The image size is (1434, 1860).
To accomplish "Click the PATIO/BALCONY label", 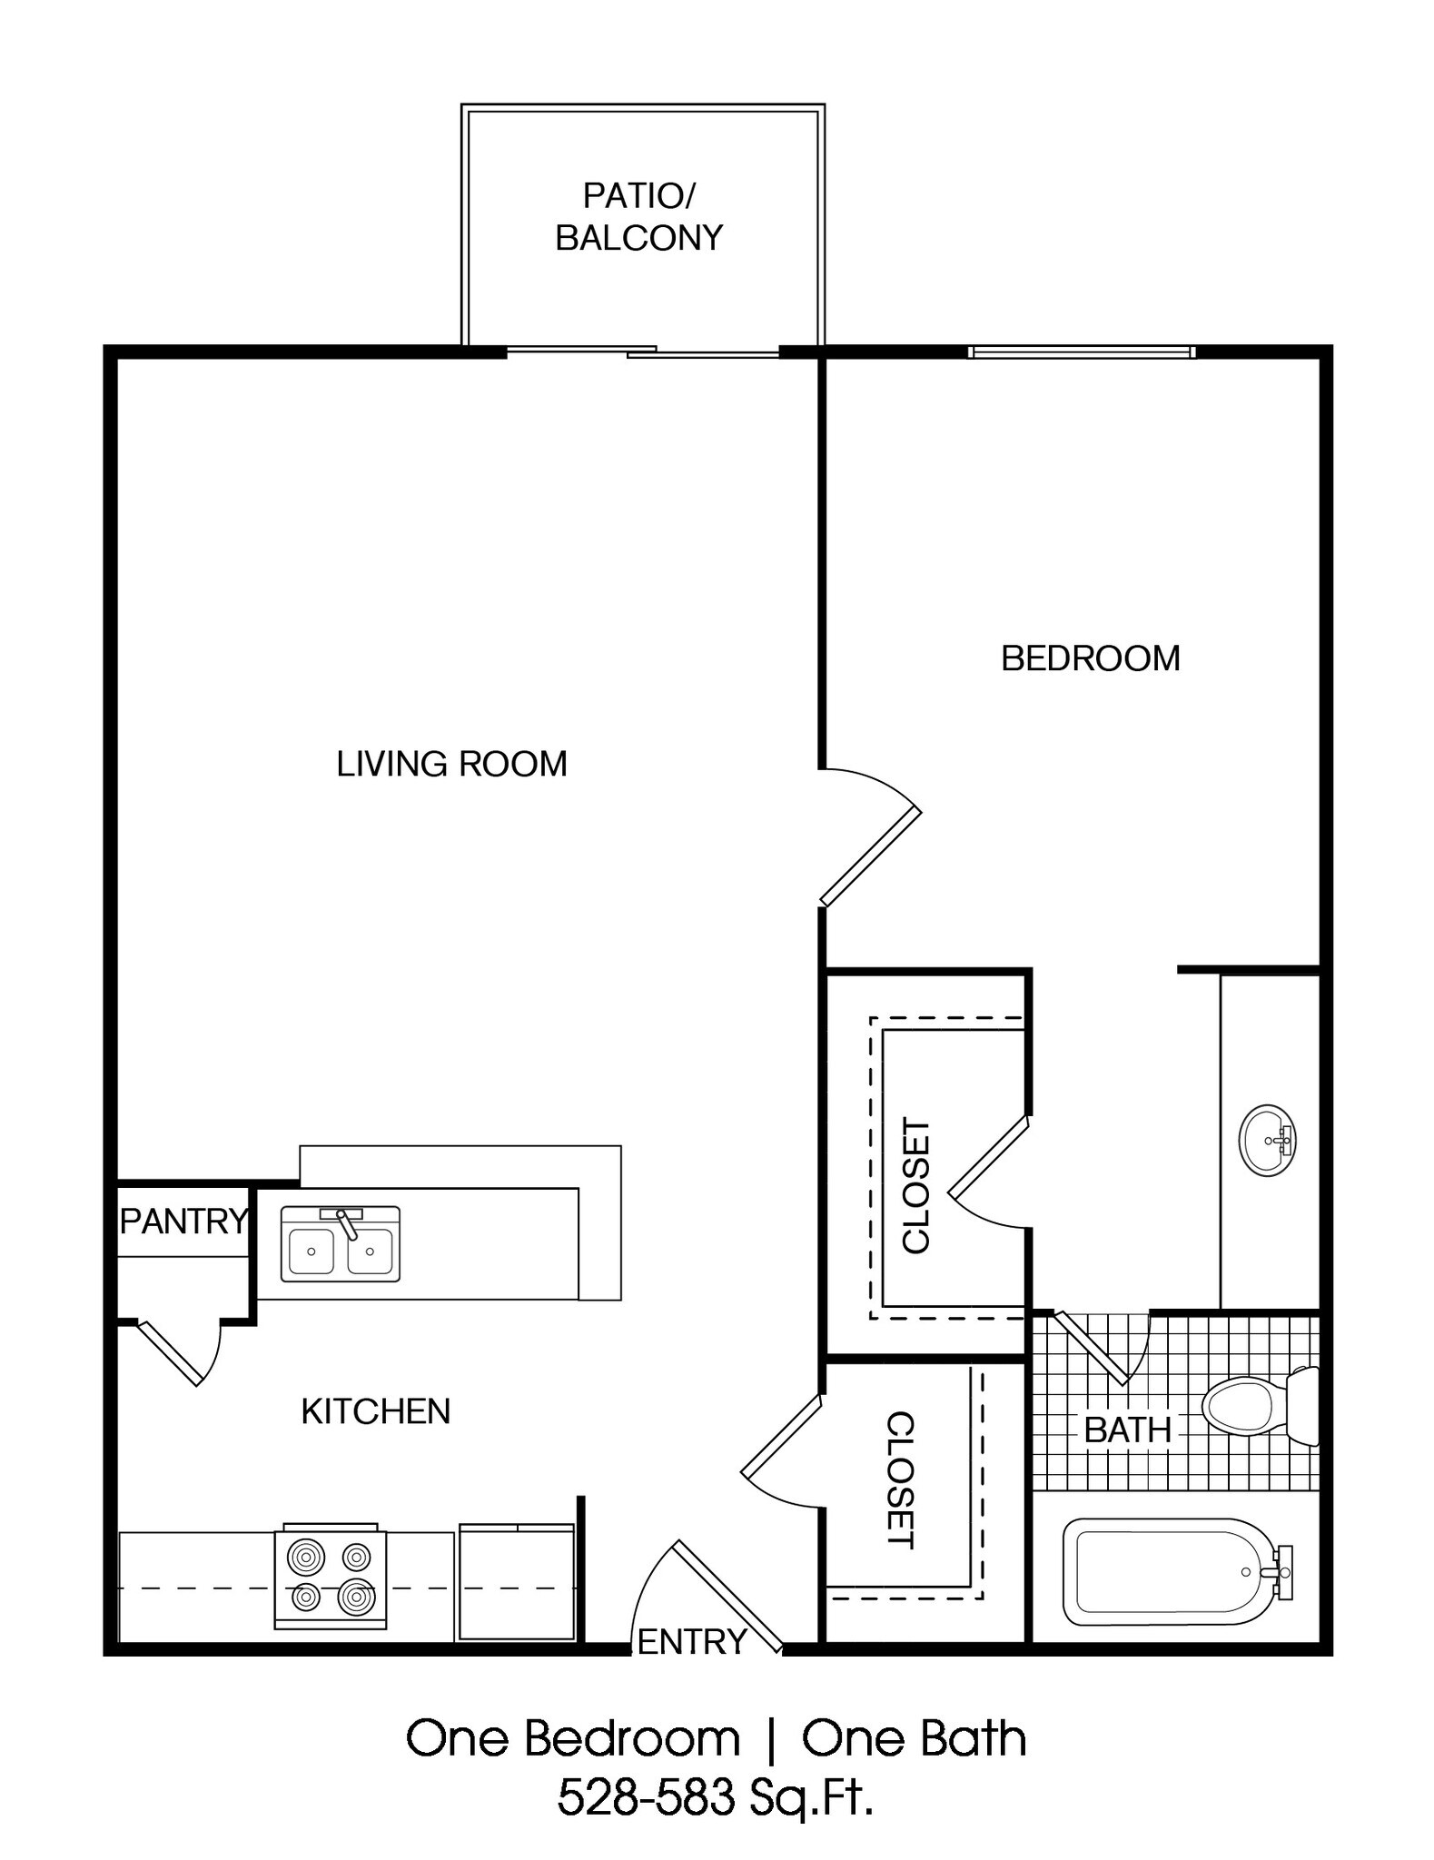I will point(638,216).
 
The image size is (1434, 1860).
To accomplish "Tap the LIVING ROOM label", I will point(451,764).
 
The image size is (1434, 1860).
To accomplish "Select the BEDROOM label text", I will point(1090,658).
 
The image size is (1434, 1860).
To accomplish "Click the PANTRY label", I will point(183,1221).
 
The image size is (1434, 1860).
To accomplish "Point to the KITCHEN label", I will point(375,1410).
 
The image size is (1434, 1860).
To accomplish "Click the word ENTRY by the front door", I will point(692,1641).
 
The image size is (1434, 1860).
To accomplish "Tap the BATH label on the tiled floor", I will point(1127,1430).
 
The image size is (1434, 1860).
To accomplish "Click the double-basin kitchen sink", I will point(340,1243).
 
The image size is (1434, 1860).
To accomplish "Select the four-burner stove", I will point(331,1579).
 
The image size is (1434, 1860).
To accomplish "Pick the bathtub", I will point(1172,1572).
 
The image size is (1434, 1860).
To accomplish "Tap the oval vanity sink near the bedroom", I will point(1267,1141).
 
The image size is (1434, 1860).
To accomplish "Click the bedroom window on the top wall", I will point(1081,352).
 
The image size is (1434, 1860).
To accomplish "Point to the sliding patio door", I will point(641,351).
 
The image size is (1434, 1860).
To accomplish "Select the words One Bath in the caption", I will point(914,1738).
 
